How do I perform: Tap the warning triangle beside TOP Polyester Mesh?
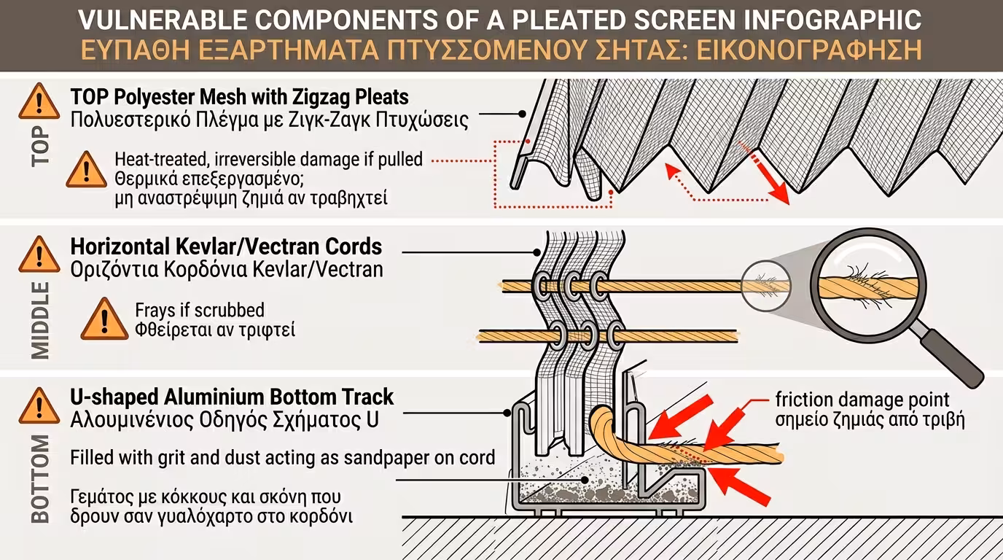tap(39, 102)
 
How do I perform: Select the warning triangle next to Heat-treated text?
tap(86, 170)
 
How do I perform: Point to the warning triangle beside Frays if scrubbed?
tap(104, 319)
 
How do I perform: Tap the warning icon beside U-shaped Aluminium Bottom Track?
tap(39, 407)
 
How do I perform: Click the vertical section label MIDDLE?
tap(42, 321)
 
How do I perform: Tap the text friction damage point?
tap(862, 400)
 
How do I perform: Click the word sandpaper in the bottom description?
tap(402, 458)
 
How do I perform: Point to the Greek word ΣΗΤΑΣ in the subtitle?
tap(624, 50)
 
